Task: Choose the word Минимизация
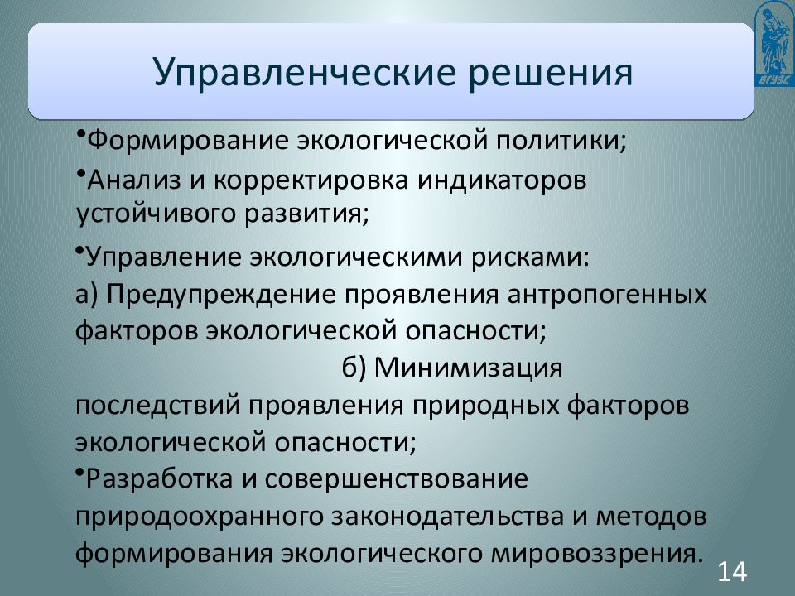(469, 368)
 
